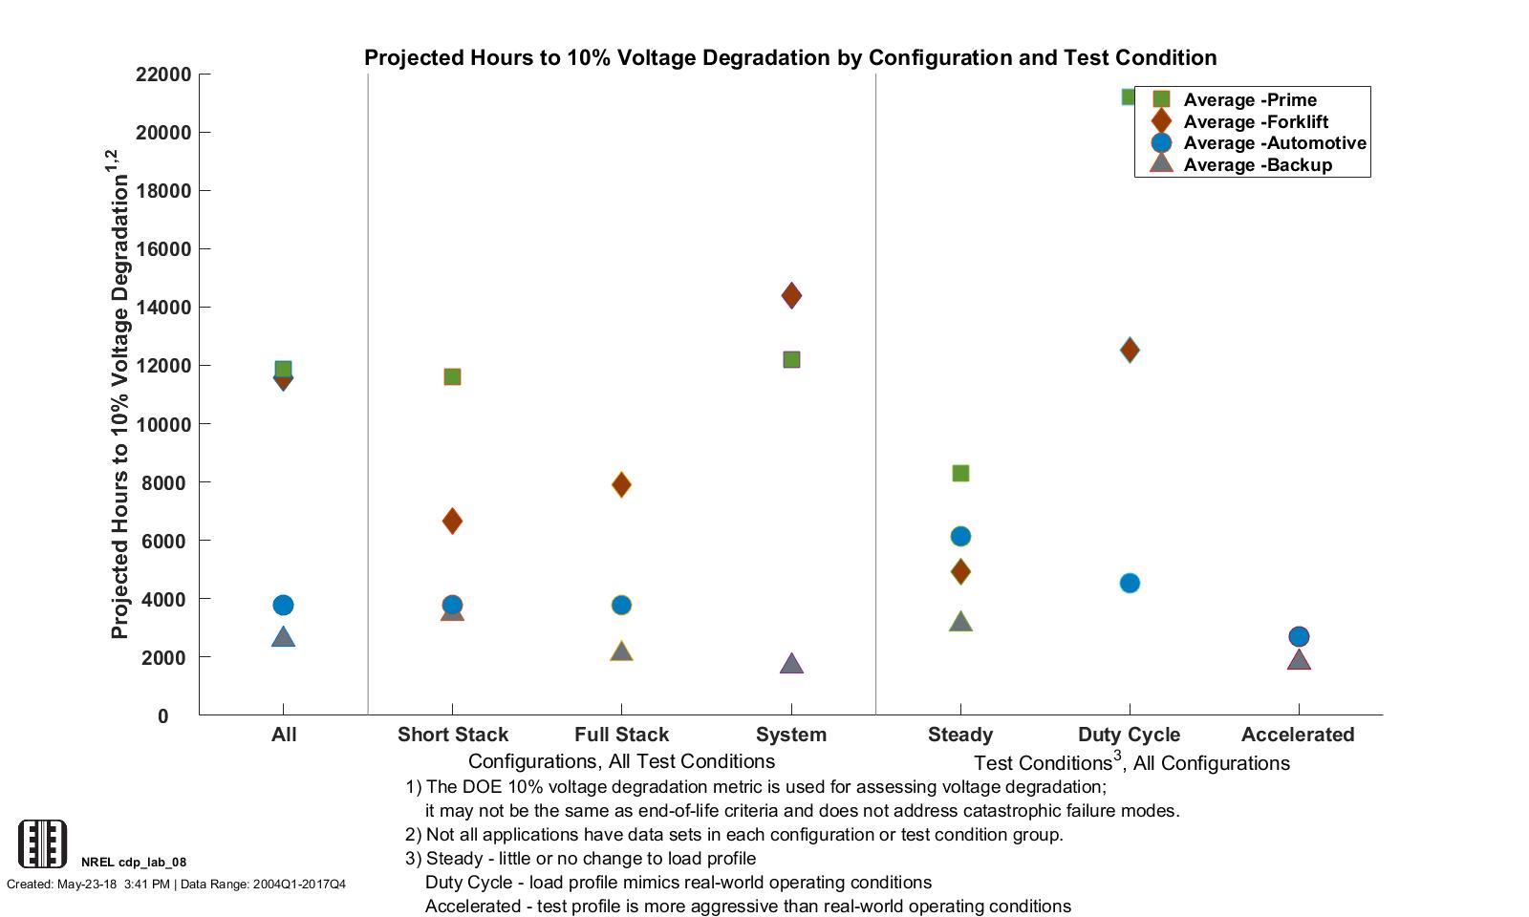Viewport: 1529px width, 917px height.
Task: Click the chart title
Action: [x=790, y=57]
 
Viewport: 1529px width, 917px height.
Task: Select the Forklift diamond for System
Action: [x=791, y=295]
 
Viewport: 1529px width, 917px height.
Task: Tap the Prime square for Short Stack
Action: [x=452, y=376]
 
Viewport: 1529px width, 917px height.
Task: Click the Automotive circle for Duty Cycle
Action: [x=1130, y=583]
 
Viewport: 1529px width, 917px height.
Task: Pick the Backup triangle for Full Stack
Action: [x=621, y=652]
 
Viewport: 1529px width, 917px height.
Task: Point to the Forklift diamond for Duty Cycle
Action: [x=1130, y=350]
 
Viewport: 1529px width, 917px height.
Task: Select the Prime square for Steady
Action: [x=960, y=473]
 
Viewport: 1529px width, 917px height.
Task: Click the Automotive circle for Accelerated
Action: [x=1299, y=636]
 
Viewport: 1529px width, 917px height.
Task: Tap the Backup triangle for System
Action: [x=791, y=664]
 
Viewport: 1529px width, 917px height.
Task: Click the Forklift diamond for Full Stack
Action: [x=621, y=484]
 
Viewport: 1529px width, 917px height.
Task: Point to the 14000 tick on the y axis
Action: [x=163, y=308]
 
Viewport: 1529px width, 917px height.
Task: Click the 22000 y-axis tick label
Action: [x=163, y=75]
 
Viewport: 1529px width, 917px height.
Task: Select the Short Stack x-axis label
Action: [x=453, y=735]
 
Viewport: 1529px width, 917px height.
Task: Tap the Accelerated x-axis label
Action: [x=1298, y=735]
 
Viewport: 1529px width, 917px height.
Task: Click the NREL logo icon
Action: [x=43, y=843]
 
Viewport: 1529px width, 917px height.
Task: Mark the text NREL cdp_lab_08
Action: [x=134, y=862]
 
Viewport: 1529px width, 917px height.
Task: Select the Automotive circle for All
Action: [x=283, y=605]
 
